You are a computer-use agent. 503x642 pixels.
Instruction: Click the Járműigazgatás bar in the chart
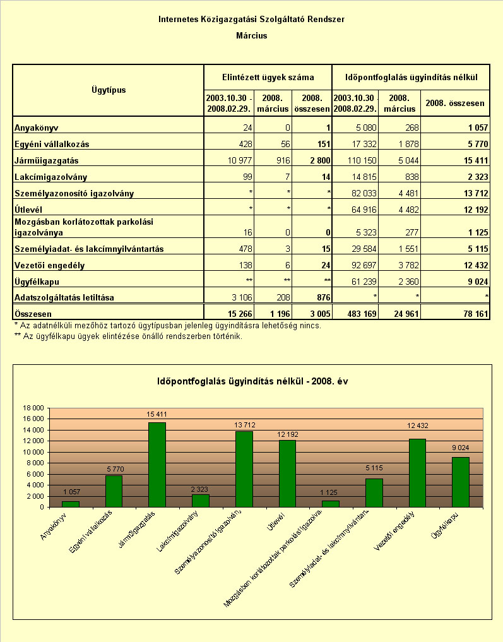pyautogui.click(x=157, y=465)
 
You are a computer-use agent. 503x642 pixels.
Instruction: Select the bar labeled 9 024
pyautogui.click(x=461, y=482)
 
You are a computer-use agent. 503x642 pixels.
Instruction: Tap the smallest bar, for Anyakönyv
pyautogui.click(x=71, y=504)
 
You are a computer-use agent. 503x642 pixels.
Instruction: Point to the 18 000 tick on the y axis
pyautogui.click(x=33, y=408)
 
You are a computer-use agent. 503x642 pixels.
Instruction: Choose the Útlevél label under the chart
pyautogui.click(x=276, y=522)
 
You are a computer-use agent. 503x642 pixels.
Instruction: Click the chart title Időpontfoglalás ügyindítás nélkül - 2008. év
pyautogui.click(x=252, y=381)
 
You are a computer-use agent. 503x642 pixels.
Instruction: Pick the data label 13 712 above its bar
pyautogui.click(x=244, y=425)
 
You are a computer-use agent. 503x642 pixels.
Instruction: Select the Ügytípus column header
pyautogui.click(x=109, y=90)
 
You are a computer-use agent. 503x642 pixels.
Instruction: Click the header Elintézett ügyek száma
pyautogui.click(x=268, y=78)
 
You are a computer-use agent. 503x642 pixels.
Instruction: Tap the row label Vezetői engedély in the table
pyautogui.click(x=49, y=265)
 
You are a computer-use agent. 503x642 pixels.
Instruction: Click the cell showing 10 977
pyautogui.click(x=240, y=160)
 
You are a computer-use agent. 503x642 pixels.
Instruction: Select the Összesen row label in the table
pyautogui.click(x=33, y=314)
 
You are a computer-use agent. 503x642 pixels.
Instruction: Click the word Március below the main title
pyautogui.click(x=252, y=35)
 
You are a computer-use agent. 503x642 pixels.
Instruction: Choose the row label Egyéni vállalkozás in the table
pyautogui.click(x=52, y=144)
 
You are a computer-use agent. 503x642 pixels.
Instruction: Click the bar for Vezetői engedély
pyautogui.click(x=417, y=473)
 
